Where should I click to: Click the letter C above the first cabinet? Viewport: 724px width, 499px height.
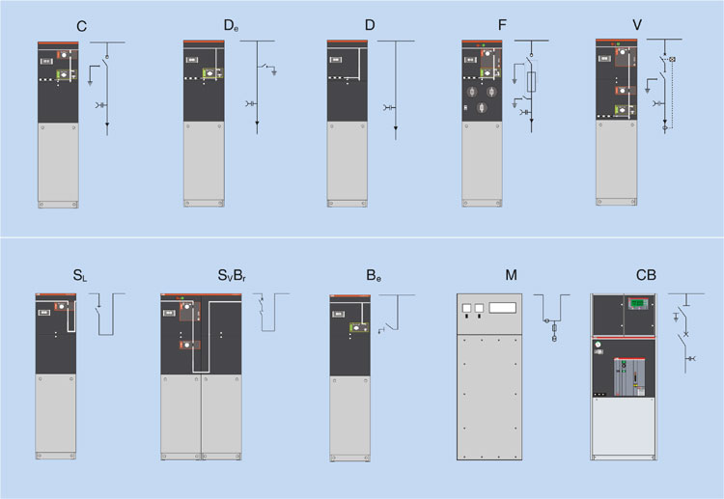82,27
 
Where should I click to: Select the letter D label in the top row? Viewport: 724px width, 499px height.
370,27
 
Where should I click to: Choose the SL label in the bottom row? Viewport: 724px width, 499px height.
78,277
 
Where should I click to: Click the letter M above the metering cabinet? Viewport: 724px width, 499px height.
511,277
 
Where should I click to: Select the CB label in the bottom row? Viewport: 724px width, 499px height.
647,277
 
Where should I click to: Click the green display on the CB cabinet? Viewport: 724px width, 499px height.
638,307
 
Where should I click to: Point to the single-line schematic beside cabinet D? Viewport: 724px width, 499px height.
396,92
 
